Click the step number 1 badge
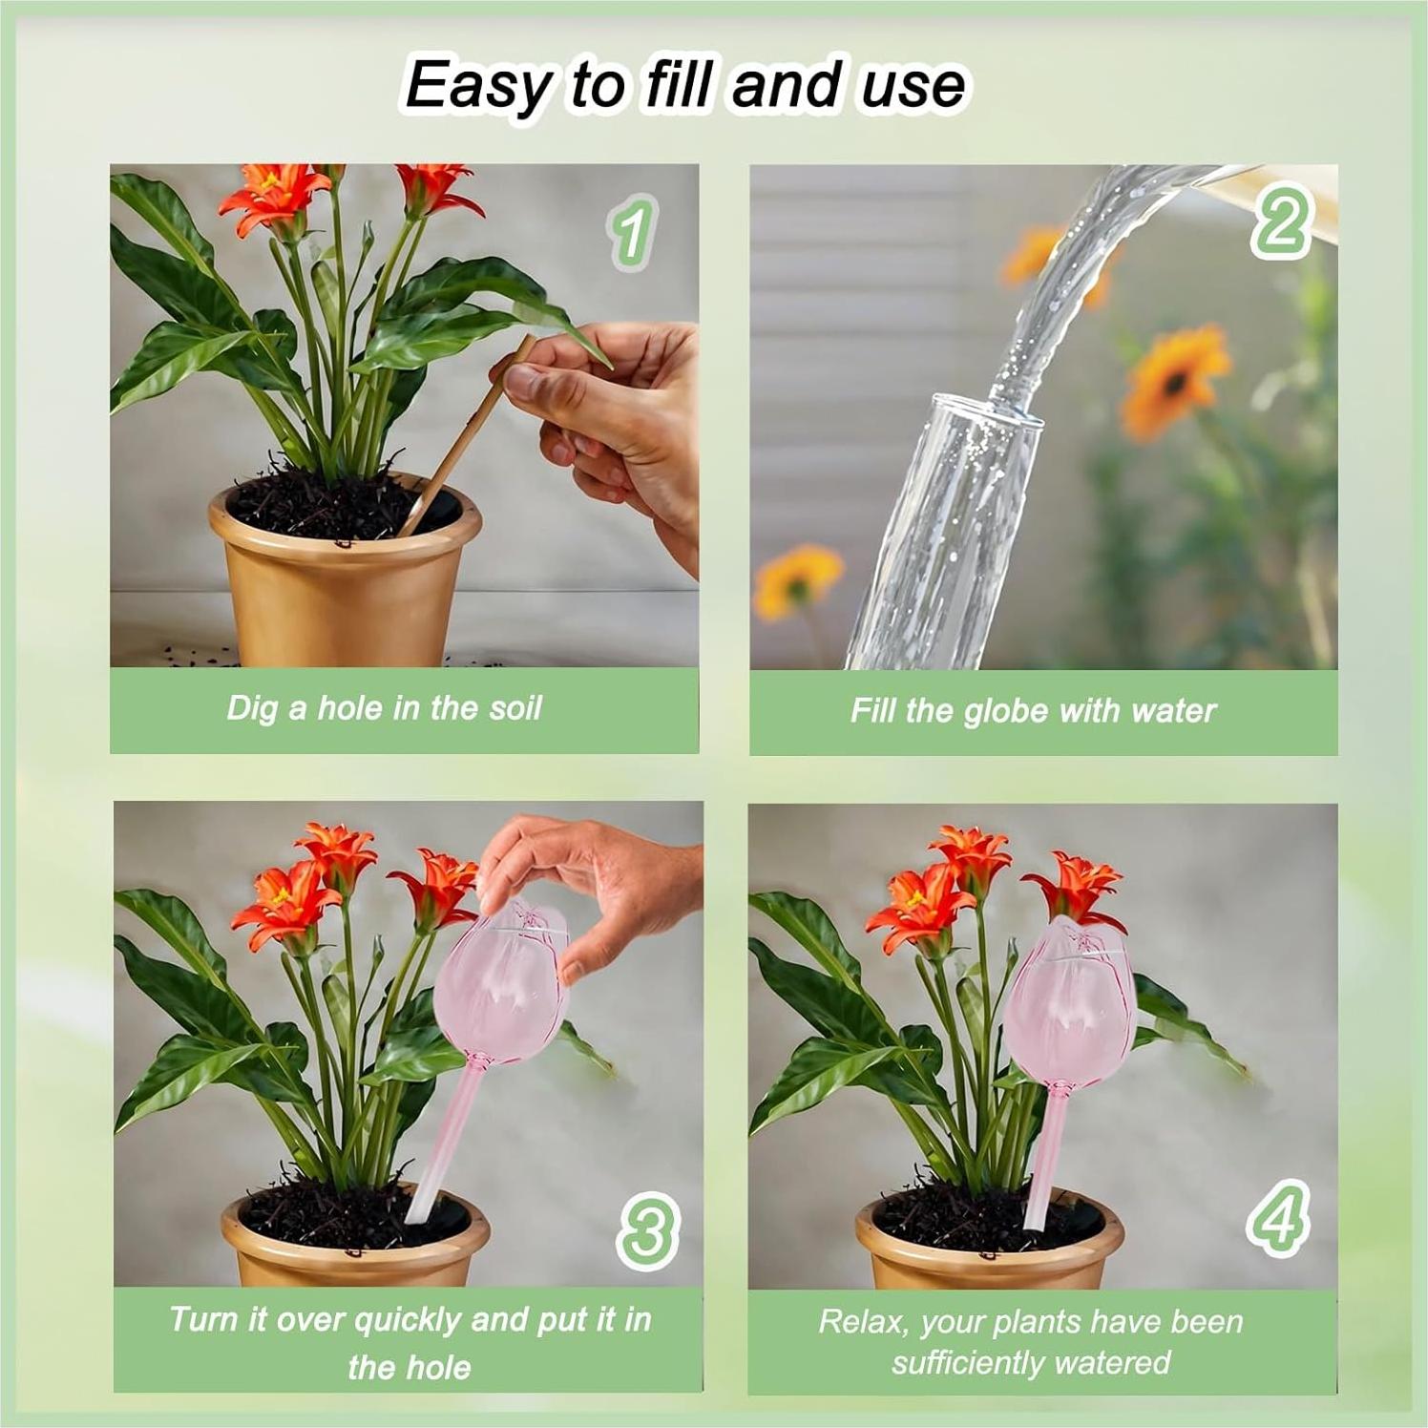coord(631,231)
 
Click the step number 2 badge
coord(1282,221)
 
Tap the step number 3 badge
coord(648,1230)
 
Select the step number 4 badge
coord(1278,1217)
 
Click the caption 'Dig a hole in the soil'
coord(384,708)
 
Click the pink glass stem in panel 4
coord(1046,1160)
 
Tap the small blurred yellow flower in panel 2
coord(797,577)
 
